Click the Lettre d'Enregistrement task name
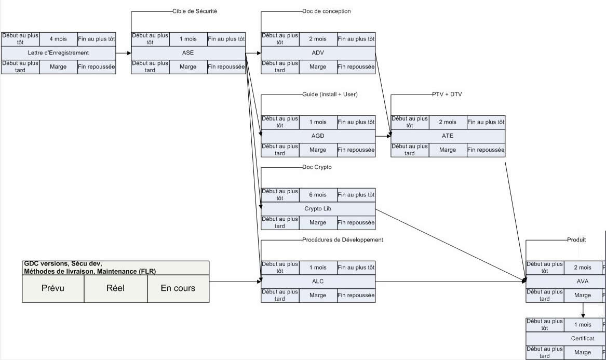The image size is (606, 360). pos(58,52)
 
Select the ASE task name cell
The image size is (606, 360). pos(188,52)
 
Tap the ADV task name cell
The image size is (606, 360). pos(318,52)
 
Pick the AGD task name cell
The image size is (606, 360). pos(318,136)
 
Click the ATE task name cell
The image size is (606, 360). pos(448,136)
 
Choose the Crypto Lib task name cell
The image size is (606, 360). pos(318,208)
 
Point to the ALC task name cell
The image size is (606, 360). pos(318,281)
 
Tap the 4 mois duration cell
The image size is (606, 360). pos(58,39)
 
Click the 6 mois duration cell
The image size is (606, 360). pos(318,195)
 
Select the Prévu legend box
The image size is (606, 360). pos(53,288)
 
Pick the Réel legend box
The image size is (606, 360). pos(116,288)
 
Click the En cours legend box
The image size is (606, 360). pos(178,288)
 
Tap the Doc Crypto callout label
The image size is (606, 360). pos(316,167)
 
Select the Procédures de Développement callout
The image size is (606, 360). pos(342,239)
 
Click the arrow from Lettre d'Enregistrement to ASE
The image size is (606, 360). pos(123,53)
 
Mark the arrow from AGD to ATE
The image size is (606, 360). pos(383,136)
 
